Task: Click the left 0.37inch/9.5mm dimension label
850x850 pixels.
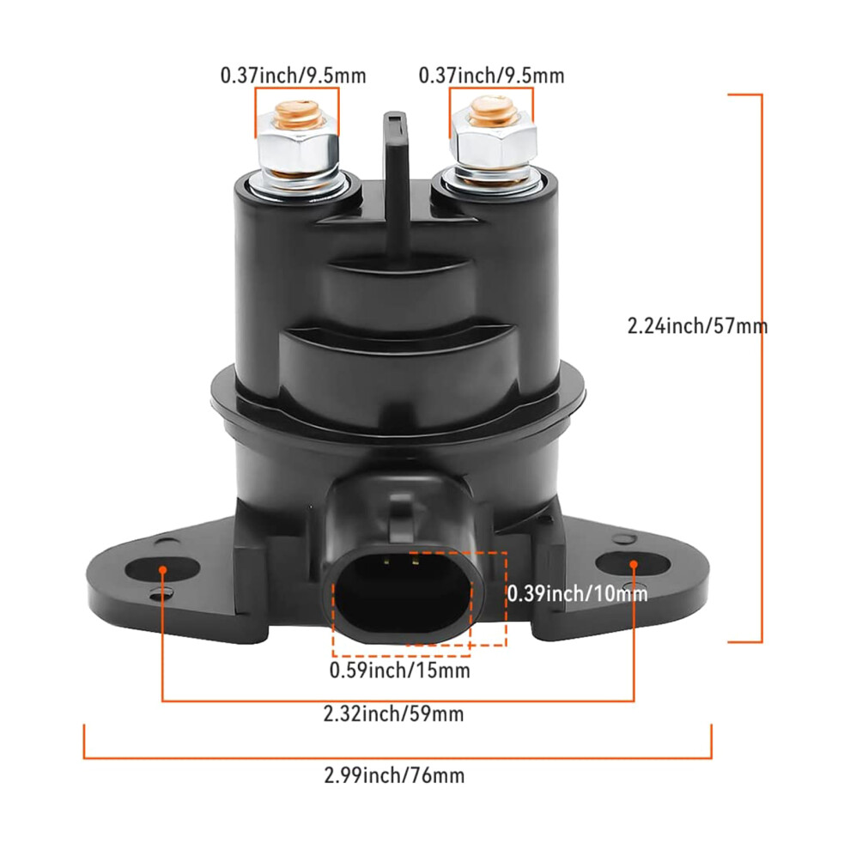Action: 294,76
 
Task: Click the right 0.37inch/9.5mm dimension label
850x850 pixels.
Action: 492,76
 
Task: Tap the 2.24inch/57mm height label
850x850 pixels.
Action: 698,325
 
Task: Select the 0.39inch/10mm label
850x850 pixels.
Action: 577,594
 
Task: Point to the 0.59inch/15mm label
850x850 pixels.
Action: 400,671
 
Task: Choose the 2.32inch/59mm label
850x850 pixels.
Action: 393,714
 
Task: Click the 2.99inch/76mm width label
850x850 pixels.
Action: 394,776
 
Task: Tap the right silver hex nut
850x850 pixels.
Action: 494,143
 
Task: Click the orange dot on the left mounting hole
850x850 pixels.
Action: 162,569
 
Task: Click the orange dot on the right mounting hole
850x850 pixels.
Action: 634,565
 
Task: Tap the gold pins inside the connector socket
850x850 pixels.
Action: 401,562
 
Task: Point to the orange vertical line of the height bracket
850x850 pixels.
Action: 762,368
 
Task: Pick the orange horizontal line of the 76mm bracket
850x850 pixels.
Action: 398,757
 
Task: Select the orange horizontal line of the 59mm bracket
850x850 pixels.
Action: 398,701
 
